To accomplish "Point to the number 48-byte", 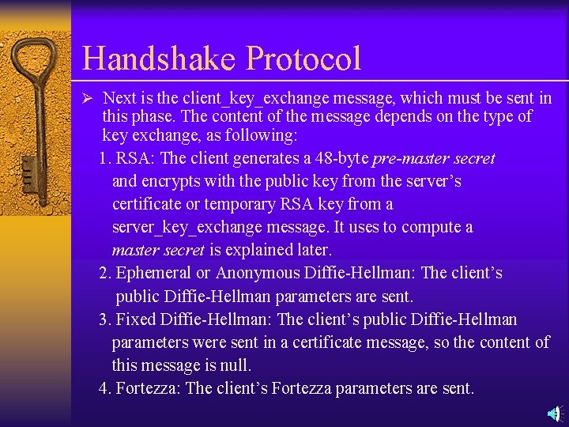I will tap(341, 158).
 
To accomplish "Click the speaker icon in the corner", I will tap(556, 413).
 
